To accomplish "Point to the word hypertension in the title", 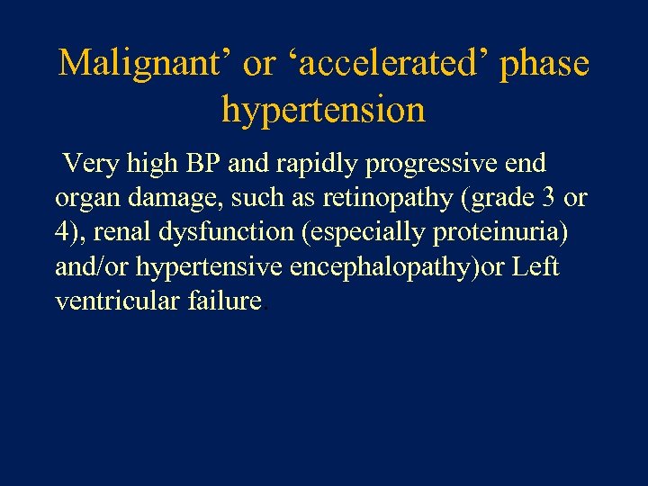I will pos(323,110).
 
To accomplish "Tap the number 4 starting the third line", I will pos(61,232).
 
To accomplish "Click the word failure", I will pos(225,301).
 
